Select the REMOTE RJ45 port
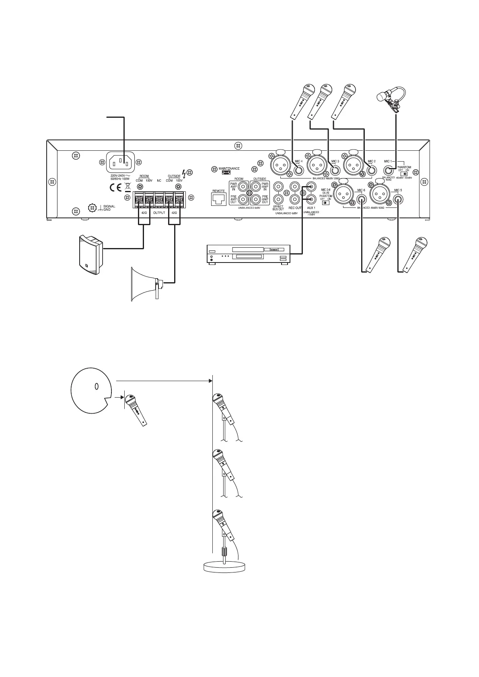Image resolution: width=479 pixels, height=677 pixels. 219,198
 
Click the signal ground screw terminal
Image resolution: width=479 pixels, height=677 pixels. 92,207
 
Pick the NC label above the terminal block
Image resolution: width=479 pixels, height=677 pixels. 159,181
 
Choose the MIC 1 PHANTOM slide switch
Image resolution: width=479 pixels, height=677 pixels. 404,174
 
